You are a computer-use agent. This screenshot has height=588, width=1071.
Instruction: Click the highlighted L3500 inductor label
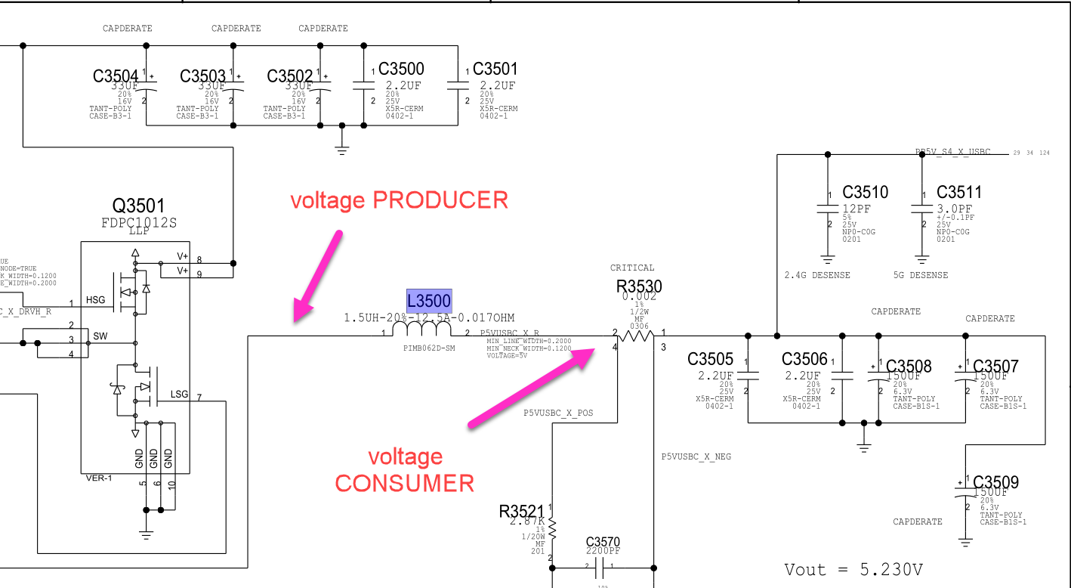pyautogui.click(x=429, y=301)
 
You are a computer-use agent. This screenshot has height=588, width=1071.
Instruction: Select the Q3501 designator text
pyautogui.click(x=138, y=206)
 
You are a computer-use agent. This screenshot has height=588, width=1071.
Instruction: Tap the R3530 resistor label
pyautogui.click(x=639, y=285)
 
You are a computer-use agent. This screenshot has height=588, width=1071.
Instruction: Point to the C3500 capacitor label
pyautogui.click(x=401, y=70)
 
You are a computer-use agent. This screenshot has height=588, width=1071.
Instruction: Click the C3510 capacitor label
pyautogui.click(x=866, y=192)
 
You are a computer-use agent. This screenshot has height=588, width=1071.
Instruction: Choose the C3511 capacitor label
pyautogui.click(x=959, y=192)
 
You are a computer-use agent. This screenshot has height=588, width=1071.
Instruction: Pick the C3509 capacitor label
pyautogui.click(x=995, y=482)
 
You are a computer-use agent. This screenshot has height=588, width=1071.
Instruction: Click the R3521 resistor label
pyautogui.click(x=522, y=511)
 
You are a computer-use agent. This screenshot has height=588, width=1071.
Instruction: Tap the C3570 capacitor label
pyautogui.click(x=603, y=542)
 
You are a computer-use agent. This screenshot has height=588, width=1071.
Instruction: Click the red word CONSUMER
pyautogui.click(x=404, y=483)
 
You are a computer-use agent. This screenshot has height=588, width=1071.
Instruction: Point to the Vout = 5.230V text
pyautogui.click(x=853, y=570)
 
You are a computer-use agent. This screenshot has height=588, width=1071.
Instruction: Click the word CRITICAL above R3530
pyautogui.click(x=632, y=268)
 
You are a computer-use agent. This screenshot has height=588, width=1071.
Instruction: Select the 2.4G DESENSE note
pyautogui.click(x=817, y=275)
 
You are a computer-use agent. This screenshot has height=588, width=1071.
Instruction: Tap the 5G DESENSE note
pyautogui.click(x=920, y=275)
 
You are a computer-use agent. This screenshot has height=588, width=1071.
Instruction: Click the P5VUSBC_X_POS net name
pyautogui.click(x=558, y=413)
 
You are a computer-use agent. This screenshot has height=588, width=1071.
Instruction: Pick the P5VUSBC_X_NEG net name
pyautogui.click(x=696, y=456)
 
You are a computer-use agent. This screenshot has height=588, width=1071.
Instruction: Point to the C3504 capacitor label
pyautogui.click(x=116, y=76)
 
